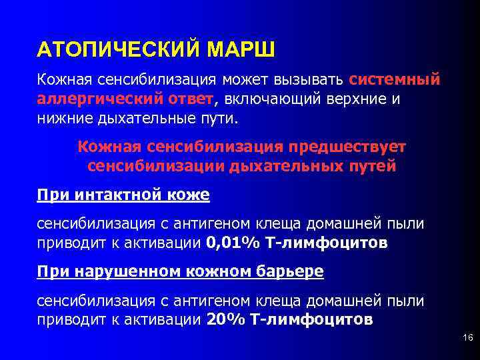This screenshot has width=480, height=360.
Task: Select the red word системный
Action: point(394,80)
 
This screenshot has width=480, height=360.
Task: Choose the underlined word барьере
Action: point(286,271)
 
